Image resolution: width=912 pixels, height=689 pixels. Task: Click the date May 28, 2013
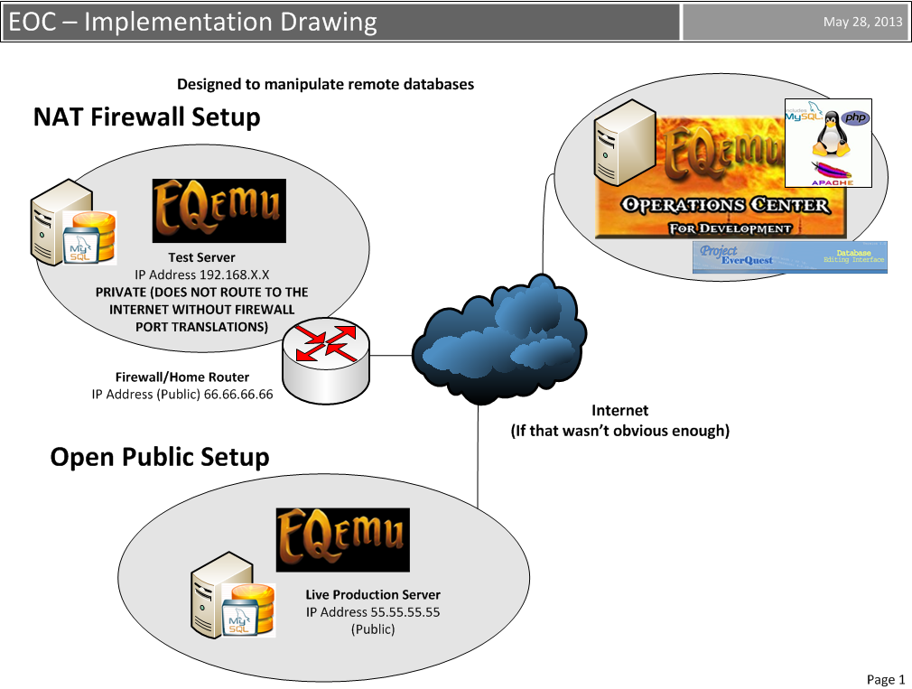[x=862, y=23]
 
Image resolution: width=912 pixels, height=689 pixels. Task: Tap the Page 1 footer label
[x=885, y=679]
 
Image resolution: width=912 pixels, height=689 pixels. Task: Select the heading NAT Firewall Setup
[x=146, y=117]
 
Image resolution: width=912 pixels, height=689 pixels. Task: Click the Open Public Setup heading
[x=160, y=457]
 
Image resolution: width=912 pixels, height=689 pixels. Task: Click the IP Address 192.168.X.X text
[x=201, y=275]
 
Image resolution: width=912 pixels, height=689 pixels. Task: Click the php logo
[x=854, y=118]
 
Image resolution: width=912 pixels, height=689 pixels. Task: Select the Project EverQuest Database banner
[x=790, y=256]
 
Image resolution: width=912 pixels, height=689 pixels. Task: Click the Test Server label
[x=201, y=257]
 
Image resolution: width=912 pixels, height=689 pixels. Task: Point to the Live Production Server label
[x=373, y=594]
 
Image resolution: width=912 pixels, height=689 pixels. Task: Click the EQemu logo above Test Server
[x=219, y=210]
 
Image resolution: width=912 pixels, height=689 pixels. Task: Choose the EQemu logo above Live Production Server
[x=342, y=538]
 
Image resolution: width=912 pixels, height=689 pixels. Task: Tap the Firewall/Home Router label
[x=182, y=377]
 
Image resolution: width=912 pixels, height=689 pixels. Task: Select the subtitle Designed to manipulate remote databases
[x=325, y=84]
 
